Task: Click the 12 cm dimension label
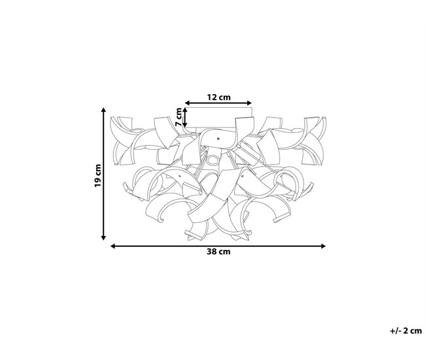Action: (218, 97)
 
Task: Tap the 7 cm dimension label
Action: (179, 117)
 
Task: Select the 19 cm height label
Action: (97, 175)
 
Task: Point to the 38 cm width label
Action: (218, 252)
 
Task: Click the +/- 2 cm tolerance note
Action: (406, 331)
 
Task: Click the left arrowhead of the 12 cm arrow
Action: (187, 103)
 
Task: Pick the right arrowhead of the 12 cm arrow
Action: (249, 103)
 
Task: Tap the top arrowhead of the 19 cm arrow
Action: (103, 110)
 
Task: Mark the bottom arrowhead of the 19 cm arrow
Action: (103, 238)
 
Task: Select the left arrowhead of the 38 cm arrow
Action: (113, 246)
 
